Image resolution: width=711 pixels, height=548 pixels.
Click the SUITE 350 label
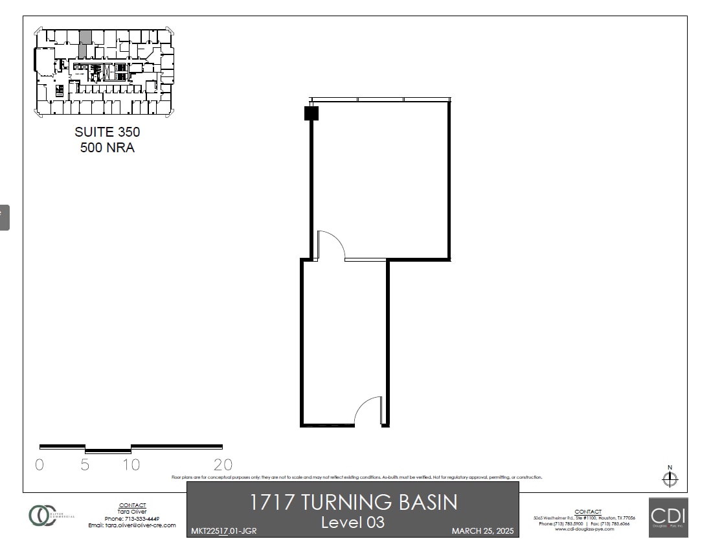107,132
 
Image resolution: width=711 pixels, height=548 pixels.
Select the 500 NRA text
107,148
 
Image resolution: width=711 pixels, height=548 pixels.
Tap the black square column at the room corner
311,113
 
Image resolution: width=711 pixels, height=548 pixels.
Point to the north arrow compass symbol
670,479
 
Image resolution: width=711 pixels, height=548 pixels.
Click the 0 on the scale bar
39,464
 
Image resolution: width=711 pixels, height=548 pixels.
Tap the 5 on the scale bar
85,464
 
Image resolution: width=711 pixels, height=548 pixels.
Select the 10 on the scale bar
131,464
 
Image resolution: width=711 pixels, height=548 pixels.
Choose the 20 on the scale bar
223,464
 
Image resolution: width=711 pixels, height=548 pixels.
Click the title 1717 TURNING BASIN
353,502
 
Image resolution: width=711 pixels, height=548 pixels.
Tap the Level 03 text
353,521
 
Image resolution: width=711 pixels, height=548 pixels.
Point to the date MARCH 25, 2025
482,531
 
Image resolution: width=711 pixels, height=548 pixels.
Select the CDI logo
668,517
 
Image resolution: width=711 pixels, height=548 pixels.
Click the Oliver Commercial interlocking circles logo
42,515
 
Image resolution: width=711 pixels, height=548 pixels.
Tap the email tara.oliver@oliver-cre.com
132,525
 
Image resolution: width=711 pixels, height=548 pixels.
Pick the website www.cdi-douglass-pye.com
583,529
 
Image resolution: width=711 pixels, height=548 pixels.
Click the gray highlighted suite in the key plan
84,44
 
